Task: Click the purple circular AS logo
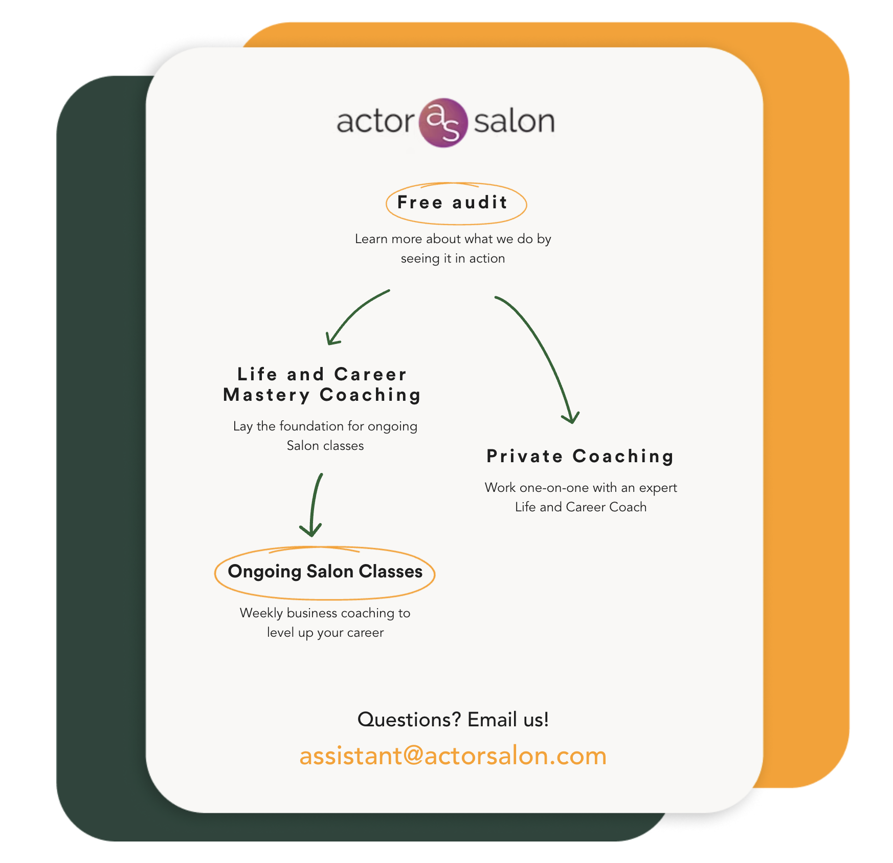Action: (443, 123)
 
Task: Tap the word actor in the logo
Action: (375, 122)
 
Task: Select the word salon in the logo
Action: (514, 122)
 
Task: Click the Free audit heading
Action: (452, 203)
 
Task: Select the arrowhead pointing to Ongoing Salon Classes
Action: (311, 530)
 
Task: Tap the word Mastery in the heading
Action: (266, 395)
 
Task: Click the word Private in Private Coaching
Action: (525, 456)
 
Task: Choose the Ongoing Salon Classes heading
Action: (325, 571)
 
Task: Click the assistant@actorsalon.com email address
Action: (453, 756)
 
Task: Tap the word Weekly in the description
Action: (261, 613)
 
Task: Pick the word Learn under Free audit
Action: (371, 239)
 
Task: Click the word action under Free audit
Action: (487, 258)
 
